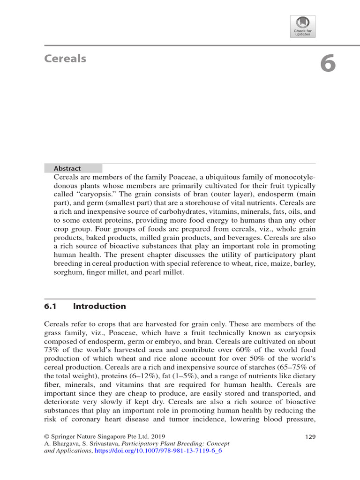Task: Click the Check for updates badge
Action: click(x=303, y=26)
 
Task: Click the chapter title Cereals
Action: click(x=65, y=59)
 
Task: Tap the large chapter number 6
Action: click(x=328, y=64)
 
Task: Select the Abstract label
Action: click(x=67, y=168)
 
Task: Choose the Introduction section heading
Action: click(x=99, y=306)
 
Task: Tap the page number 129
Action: click(x=310, y=437)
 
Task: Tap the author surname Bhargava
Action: click(x=66, y=443)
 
